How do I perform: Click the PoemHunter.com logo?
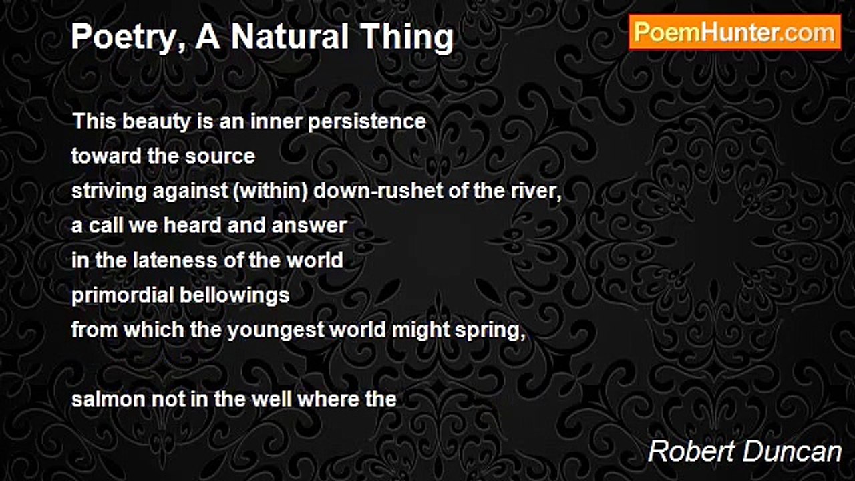coord(735,32)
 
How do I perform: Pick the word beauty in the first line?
coord(156,122)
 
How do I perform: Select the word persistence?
coord(367,122)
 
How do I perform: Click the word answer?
coord(309,226)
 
